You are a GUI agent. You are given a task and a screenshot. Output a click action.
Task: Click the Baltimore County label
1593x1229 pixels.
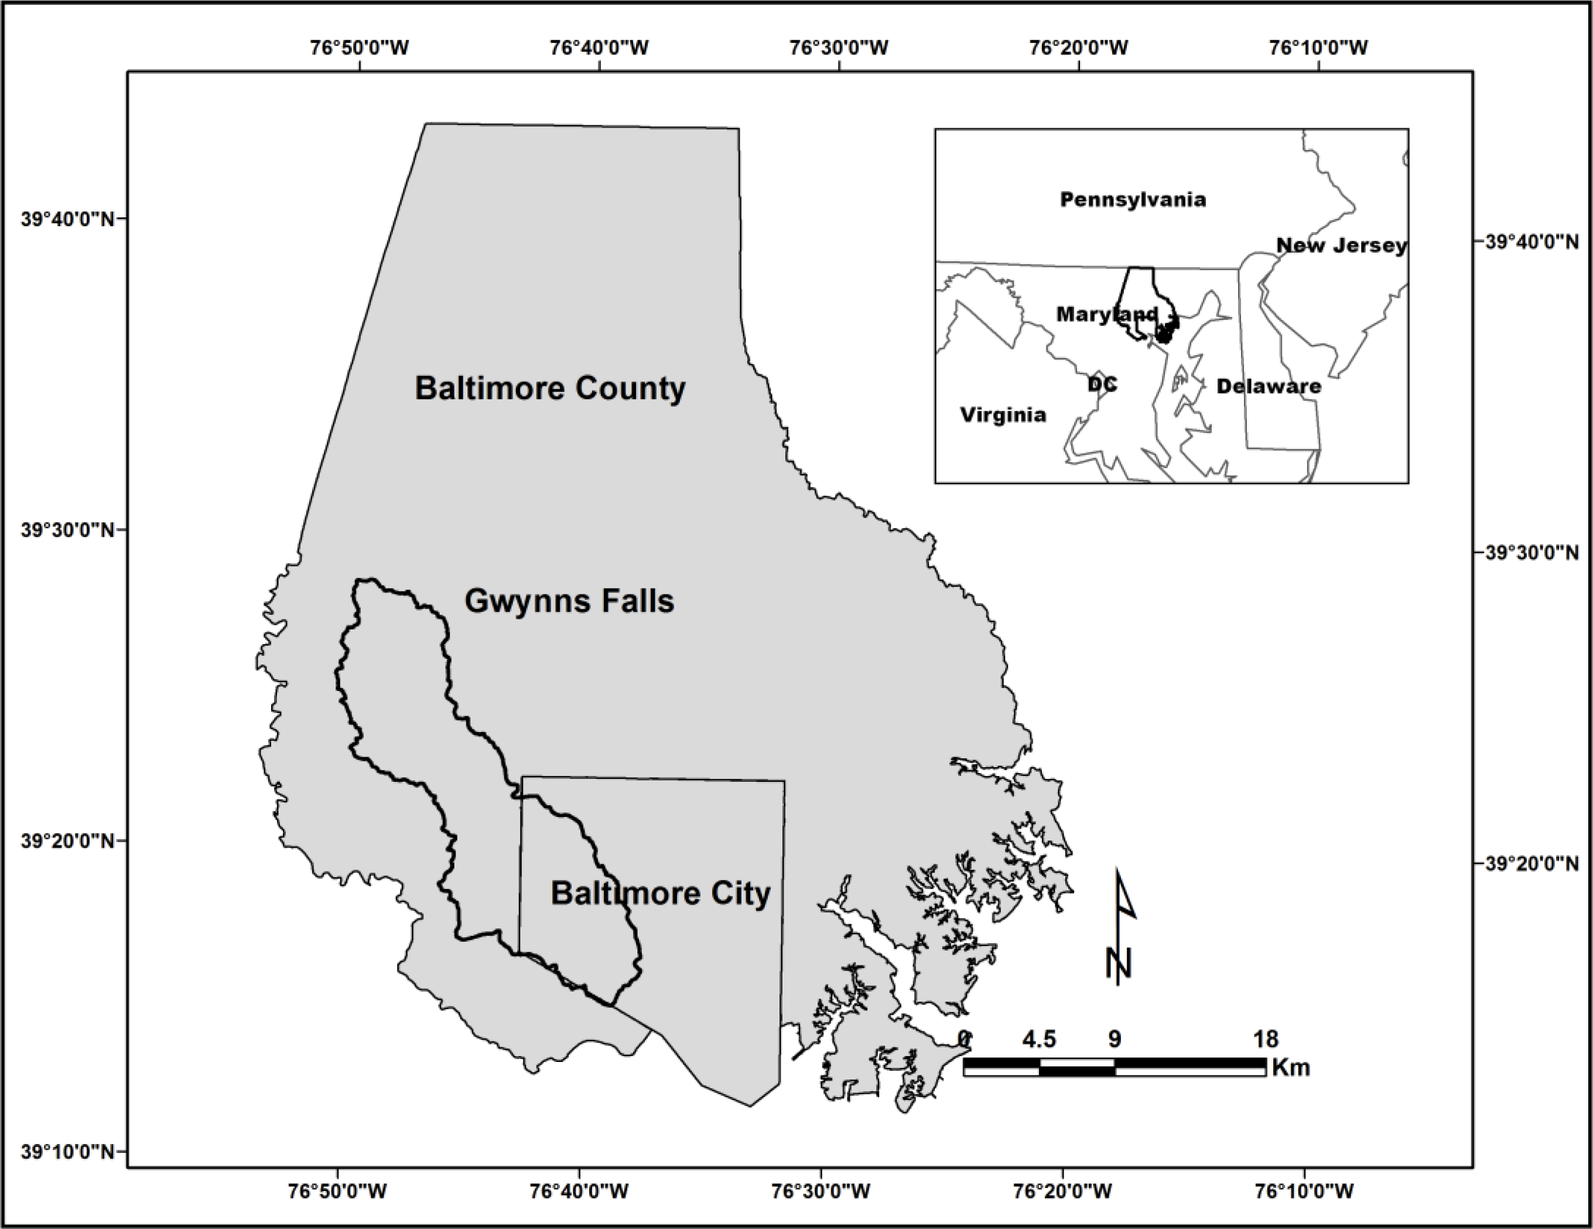coord(550,388)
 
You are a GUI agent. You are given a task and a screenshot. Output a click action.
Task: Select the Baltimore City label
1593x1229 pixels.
coord(660,893)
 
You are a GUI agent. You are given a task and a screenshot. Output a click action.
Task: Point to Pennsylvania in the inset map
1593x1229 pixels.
coord(1133,199)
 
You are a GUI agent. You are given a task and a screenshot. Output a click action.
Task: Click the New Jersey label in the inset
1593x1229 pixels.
coord(1341,245)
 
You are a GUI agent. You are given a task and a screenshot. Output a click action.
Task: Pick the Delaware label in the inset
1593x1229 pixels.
coord(1269,386)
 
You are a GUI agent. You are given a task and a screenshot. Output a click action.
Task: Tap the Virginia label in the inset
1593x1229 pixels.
coord(1003,414)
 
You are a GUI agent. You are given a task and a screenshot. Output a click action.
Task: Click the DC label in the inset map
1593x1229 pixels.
coord(1102,384)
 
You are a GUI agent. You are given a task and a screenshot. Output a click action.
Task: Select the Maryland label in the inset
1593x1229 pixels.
coord(1106,314)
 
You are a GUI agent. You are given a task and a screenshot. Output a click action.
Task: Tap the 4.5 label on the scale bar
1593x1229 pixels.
coord(1038,1039)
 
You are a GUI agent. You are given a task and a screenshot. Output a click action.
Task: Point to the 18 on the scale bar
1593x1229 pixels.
coord(1266,1039)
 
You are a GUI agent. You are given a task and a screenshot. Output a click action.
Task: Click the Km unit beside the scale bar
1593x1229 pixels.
coord(1290,1068)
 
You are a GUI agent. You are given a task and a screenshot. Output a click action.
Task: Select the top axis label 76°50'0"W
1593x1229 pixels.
coord(360,47)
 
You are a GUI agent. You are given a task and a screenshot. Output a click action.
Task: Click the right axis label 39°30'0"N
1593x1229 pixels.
coord(1531,553)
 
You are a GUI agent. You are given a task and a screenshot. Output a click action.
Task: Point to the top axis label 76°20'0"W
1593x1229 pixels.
coord(1079,47)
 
